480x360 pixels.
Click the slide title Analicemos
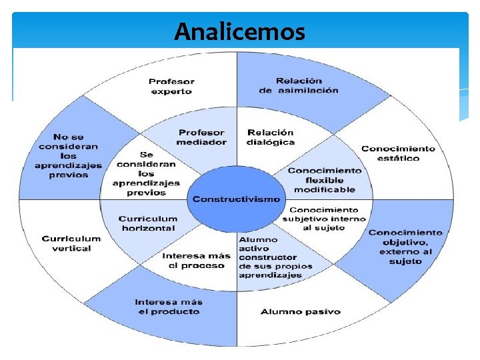pyautogui.click(x=240, y=31)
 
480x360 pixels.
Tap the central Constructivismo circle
pyautogui.click(x=237, y=199)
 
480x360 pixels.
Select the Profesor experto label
pyautogui.click(x=171, y=86)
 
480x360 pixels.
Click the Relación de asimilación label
pyautogui.click(x=298, y=86)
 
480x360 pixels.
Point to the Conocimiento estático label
pyautogui.click(x=399, y=153)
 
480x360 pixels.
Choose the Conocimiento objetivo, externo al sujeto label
pyautogui.click(x=405, y=247)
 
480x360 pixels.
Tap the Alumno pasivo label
pyautogui.click(x=300, y=311)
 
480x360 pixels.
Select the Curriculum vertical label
pyautogui.click(x=71, y=243)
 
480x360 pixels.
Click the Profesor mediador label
pyautogui.click(x=201, y=137)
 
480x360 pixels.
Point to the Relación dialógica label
pyautogui.click(x=270, y=137)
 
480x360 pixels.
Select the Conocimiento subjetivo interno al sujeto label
pyautogui.click(x=324, y=219)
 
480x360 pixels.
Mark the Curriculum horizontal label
pyautogui.click(x=148, y=223)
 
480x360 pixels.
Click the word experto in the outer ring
pyautogui.click(x=171, y=91)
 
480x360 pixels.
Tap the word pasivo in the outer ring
pyautogui.click(x=322, y=311)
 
